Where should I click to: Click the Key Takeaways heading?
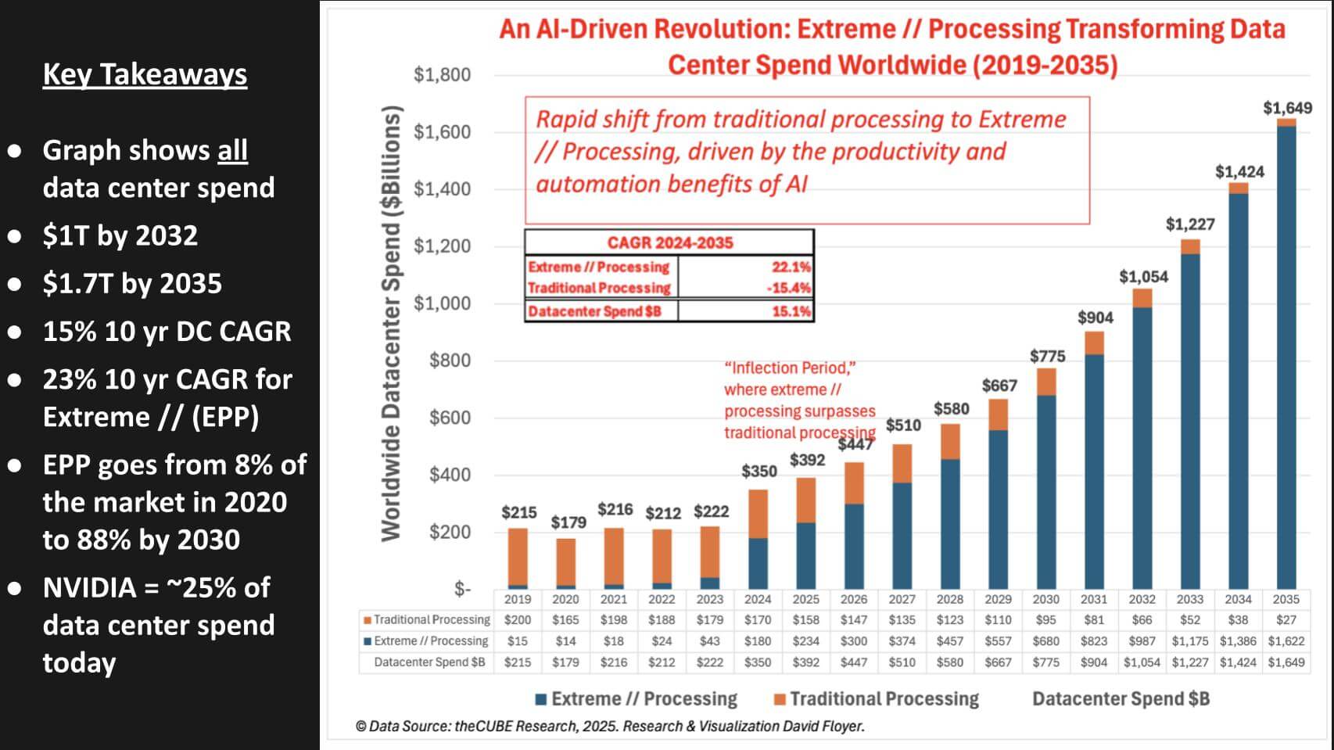coord(145,74)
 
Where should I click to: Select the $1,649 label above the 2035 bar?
coord(1287,108)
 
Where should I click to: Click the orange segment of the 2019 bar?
coord(518,555)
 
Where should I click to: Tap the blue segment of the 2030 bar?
coord(1045,493)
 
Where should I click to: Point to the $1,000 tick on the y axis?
coord(442,303)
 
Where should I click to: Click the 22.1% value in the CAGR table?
coord(791,267)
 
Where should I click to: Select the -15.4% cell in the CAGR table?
coord(788,288)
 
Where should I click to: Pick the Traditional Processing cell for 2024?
coord(757,620)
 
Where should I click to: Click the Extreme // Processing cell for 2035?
coord(1286,641)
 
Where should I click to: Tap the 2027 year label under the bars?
coord(902,599)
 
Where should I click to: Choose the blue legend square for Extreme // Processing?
coord(540,699)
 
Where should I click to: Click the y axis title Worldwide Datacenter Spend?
coord(391,322)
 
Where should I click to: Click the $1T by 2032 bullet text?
coord(120,235)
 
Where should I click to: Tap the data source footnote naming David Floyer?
coord(610,726)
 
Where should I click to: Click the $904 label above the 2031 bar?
coord(1095,318)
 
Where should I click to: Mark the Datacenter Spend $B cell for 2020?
coord(565,662)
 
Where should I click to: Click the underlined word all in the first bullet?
coord(232,150)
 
